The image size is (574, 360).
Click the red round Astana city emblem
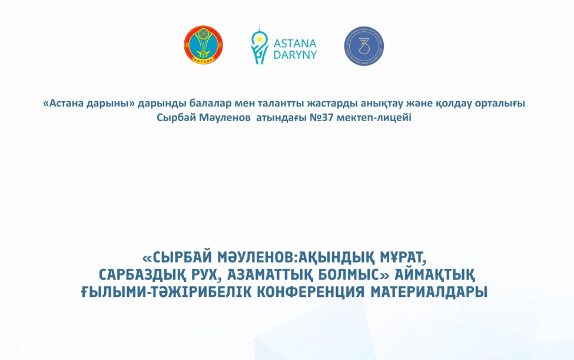click(203, 45)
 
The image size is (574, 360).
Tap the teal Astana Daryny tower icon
click(259, 45)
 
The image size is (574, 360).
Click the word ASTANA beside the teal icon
click(295, 43)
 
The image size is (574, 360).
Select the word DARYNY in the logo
click(295, 55)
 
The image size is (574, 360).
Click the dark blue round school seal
click(364, 46)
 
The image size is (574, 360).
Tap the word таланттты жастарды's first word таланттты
click(281, 104)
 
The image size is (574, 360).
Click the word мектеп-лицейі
click(374, 118)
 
